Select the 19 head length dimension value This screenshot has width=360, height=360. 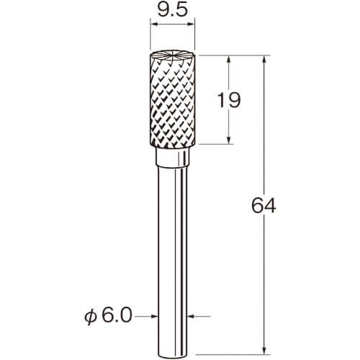click(228, 100)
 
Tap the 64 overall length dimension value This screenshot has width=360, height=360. click(264, 206)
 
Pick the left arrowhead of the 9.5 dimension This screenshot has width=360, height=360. click(153, 24)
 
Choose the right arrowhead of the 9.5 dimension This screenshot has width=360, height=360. click(192, 24)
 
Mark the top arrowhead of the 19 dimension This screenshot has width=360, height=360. click(229, 59)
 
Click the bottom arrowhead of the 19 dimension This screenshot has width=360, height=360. click(229, 140)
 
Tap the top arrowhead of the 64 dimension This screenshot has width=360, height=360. click(264, 59)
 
